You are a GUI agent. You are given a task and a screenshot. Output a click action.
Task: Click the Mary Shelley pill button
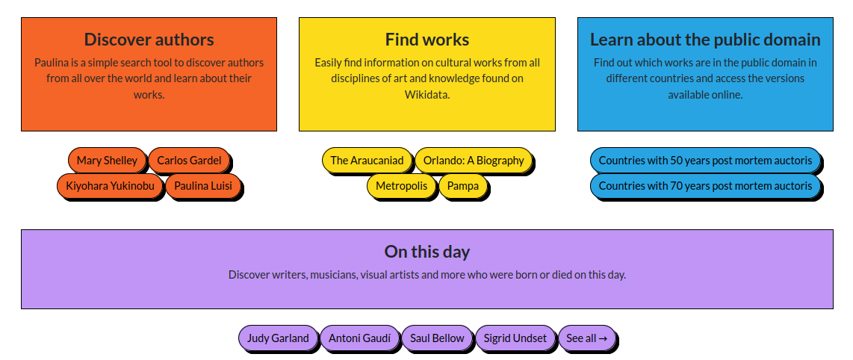click(x=107, y=161)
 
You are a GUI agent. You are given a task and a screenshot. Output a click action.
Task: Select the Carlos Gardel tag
click(x=189, y=161)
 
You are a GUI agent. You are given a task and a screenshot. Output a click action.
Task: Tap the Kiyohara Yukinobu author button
click(x=110, y=186)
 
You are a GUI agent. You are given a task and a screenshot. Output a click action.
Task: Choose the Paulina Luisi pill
click(x=203, y=186)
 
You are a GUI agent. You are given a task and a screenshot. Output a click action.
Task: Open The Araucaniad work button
click(x=367, y=161)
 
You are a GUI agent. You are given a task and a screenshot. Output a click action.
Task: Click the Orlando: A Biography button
click(x=474, y=161)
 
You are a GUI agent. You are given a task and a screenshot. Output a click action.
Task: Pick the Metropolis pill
click(x=401, y=186)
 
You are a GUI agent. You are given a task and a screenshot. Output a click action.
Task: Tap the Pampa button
click(x=463, y=186)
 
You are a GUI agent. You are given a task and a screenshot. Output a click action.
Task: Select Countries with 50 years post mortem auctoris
click(x=706, y=161)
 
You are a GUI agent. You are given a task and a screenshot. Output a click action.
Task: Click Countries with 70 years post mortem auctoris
click(x=706, y=186)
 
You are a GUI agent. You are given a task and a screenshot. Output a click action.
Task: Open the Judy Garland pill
click(x=278, y=338)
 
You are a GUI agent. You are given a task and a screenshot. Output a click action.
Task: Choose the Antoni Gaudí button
click(x=359, y=338)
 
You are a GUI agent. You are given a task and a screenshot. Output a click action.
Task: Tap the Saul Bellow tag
click(x=438, y=338)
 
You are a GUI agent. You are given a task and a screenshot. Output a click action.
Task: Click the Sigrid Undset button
click(x=515, y=338)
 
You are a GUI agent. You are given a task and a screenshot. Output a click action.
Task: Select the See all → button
click(x=587, y=338)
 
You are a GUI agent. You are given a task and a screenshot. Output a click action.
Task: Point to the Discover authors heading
click(x=149, y=40)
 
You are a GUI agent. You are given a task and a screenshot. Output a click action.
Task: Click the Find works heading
click(x=427, y=40)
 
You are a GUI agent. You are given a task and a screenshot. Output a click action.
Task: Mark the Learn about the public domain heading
click(x=706, y=40)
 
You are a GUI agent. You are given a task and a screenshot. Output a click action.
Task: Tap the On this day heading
click(x=427, y=252)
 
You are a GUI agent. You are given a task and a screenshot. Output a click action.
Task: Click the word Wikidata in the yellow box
click(x=427, y=95)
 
